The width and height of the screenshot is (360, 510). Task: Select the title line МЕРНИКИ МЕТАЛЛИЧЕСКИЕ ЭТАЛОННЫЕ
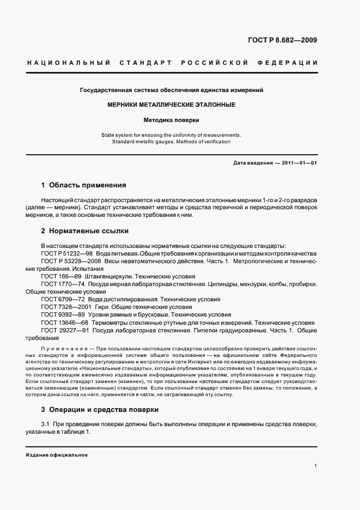pyautogui.click(x=172, y=104)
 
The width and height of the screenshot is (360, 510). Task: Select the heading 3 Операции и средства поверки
pyautogui.click(x=100, y=409)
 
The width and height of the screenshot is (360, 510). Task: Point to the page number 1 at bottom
pyautogui.click(x=316, y=466)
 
